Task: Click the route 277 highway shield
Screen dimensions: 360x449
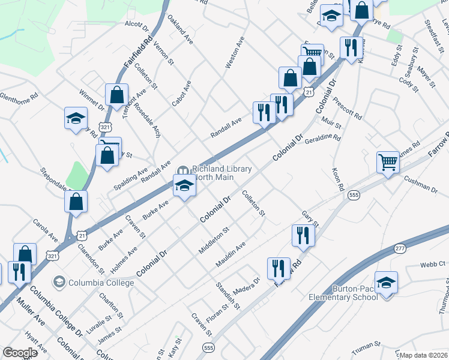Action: pos(400,248)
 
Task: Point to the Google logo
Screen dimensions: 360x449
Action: pos(20,353)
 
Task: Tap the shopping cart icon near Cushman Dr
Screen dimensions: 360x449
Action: pos(388,161)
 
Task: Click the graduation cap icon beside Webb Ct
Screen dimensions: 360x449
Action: pos(386,282)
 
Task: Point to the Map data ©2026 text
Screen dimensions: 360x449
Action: pos(424,355)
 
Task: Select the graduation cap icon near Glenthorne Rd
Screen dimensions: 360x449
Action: pos(76,118)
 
